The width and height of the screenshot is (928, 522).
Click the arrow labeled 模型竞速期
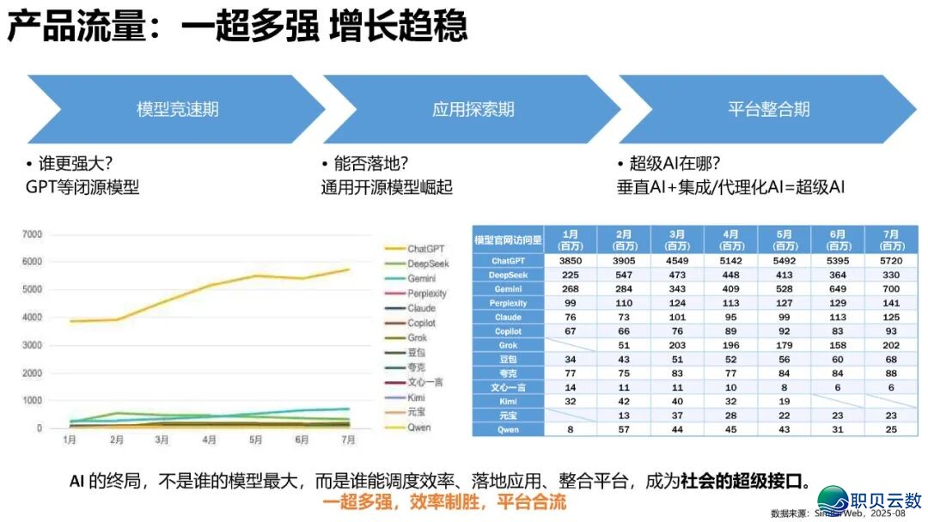177,109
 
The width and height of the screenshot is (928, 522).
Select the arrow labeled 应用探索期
473,109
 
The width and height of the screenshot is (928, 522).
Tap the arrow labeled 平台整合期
768,109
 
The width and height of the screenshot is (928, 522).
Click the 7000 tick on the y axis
32,234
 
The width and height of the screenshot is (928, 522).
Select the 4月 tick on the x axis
209,440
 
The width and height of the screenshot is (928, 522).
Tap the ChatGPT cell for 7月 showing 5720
890,260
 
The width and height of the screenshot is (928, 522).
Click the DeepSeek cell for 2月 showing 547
623,275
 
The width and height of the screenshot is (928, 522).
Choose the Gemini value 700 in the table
890,288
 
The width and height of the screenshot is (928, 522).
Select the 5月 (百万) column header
783,239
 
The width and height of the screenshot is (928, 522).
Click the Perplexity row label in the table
508,302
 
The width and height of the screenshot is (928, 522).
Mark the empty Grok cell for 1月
570,344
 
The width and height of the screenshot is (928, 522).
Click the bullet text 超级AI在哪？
674,164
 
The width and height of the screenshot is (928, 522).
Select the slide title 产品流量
72,27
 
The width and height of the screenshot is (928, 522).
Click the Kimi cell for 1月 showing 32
570,400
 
